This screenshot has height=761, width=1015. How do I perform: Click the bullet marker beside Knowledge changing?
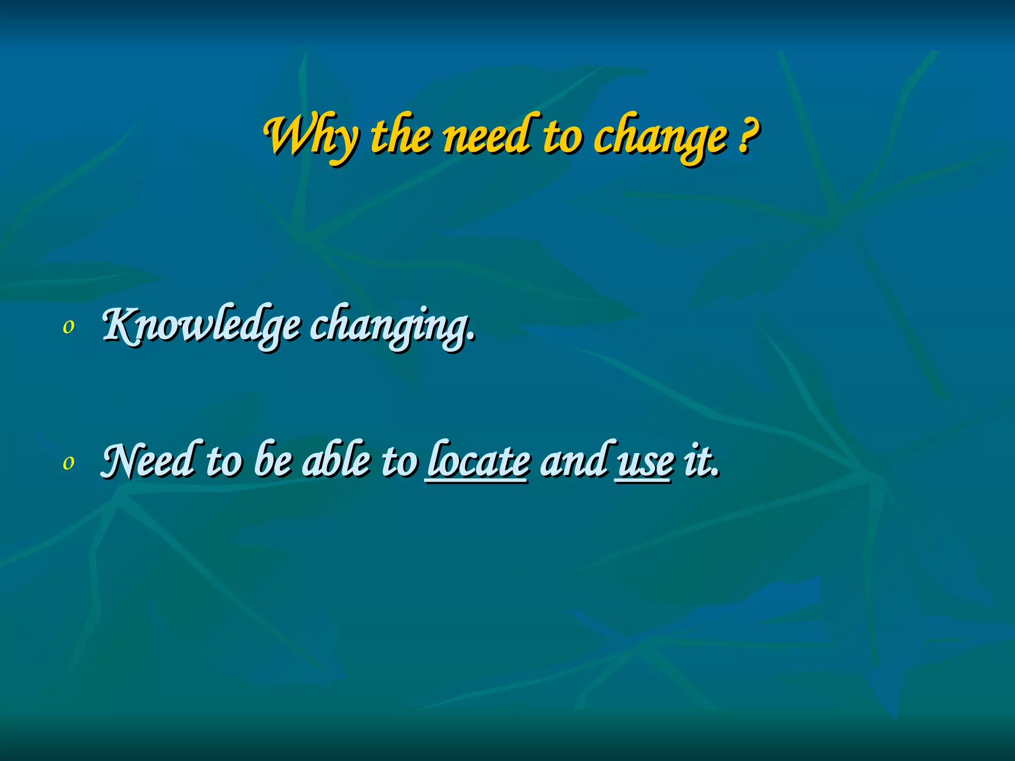click(68, 326)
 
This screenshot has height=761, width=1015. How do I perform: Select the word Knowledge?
click(201, 326)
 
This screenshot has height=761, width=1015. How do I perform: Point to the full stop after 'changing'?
click(471, 337)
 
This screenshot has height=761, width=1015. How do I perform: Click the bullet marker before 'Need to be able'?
click(68, 462)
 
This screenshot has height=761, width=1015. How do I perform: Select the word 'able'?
click(337, 460)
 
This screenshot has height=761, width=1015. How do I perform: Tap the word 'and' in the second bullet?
click(574, 460)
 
